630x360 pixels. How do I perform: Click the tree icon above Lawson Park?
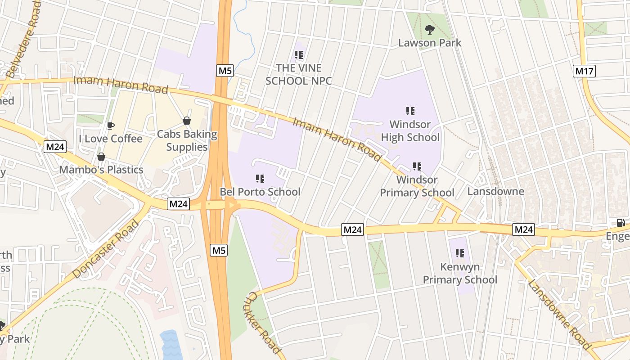click(x=430, y=30)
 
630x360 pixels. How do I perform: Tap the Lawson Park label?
click(x=430, y=43)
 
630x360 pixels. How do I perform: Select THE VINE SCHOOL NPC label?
click(x=299, y=74)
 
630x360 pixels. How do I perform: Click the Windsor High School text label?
click(x=410, y=130)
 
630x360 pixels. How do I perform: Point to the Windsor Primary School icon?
click(x=417, y=166)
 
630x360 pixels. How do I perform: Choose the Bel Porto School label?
click(x=260, y=192)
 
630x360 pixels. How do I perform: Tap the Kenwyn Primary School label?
click(x=460, y=273)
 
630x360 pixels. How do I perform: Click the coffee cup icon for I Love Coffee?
click(x=111, y=126)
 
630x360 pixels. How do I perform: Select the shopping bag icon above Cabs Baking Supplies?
click(x=186, y=121)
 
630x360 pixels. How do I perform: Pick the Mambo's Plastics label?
click(x=101, y=170)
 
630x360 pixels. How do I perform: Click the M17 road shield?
click(x=585, y=71)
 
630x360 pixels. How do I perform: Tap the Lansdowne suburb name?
click(x=495, y=191)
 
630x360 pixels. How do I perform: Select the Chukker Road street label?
click(x=264, y=322)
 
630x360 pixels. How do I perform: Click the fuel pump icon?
click(x=621, y=223)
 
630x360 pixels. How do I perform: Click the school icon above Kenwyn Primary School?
click(x=459, y=253)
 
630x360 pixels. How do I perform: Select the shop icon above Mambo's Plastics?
click(x=101, y=157)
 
